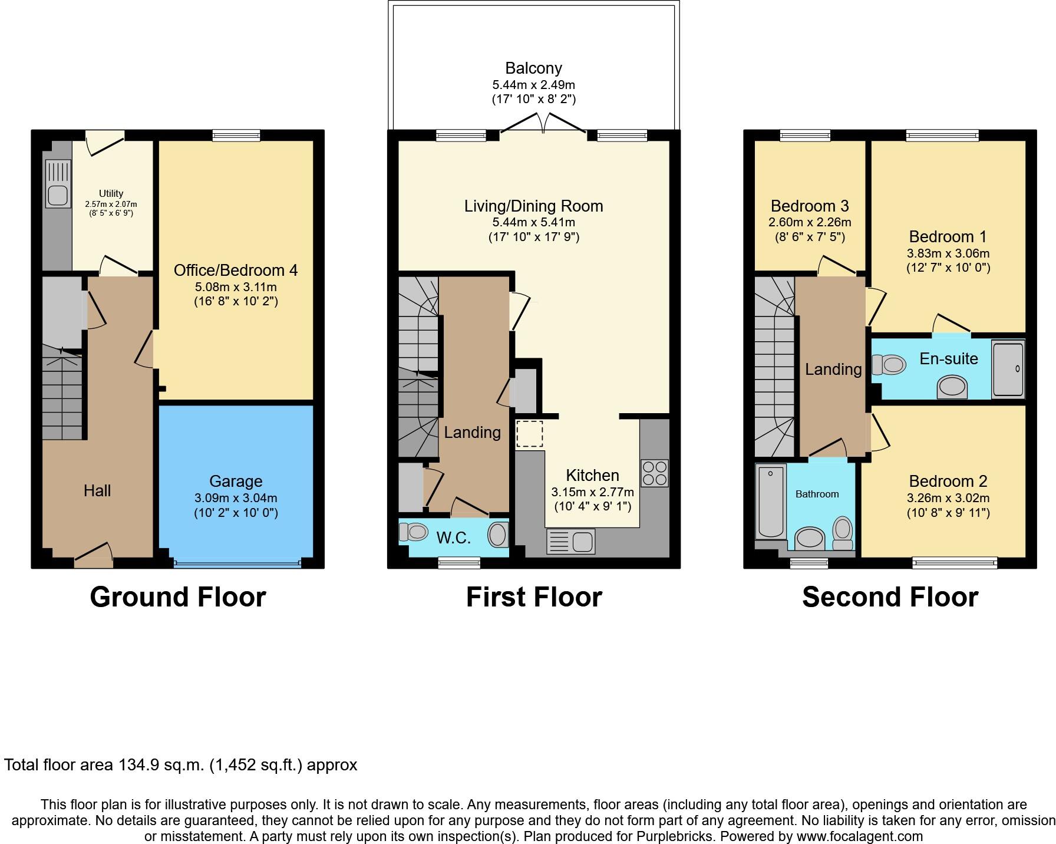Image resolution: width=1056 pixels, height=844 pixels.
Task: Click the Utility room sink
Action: pos(58,194)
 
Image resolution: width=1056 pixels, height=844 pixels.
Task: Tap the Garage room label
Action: pos(236,482)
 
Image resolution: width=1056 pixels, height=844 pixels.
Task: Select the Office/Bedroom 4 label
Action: pos(236,271)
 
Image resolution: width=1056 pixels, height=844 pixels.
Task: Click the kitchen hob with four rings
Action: pos(655,473)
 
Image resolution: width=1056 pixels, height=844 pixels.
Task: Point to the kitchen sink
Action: pos(571,542)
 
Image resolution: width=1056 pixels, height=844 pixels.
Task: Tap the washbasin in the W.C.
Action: pos(497,535)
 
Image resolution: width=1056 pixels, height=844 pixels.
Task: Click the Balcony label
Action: pos(533,68)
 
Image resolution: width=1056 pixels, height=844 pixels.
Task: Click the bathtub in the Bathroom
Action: pos(771,501)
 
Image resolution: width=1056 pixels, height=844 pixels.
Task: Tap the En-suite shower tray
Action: pos(1008,368)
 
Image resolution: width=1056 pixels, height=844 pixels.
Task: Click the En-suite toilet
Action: pos(889,365)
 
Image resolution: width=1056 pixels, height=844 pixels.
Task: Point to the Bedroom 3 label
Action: pos(810,206)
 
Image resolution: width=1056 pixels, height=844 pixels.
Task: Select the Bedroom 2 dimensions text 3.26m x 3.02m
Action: pos(948,497)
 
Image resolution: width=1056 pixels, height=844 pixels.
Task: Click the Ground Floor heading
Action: pos(178,597)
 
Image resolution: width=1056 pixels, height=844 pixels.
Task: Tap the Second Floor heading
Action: pos(890,597)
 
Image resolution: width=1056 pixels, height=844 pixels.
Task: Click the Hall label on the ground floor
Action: pos(97,490)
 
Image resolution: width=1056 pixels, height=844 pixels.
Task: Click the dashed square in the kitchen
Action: pos(530,434)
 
